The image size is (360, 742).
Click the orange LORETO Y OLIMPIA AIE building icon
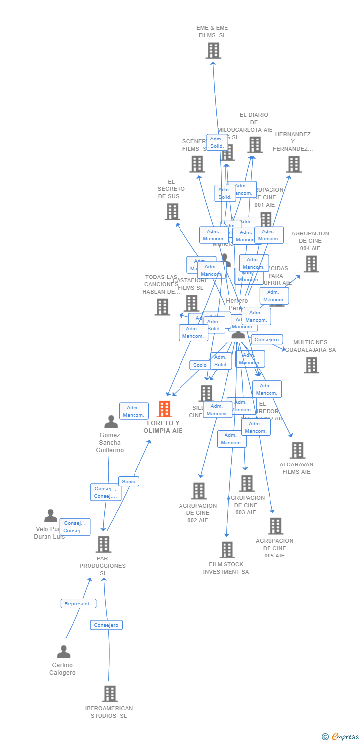click(164, 409)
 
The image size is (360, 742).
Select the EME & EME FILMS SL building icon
click(213, 50)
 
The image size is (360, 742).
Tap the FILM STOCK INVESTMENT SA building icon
click(227, 550)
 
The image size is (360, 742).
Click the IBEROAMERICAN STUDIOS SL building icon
click(110, 694)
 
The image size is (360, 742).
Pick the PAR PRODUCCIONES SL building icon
click(103, 544)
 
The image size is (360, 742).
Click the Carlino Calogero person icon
click(63, 651)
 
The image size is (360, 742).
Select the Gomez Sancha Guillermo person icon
click(111, 422)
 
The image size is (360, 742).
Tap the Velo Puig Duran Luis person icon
click(50, 516)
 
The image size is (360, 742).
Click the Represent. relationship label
click(79, 603)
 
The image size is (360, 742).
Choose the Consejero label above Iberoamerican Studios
click(106, 625)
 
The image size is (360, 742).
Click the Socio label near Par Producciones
click(129, 481)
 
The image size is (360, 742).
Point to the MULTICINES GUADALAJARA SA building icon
click(311, 365)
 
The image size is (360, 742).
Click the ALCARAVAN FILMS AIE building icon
click(297, 450)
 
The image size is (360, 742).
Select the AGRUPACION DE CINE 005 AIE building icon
click(275, 526)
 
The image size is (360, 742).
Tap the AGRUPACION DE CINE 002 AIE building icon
click(199, 491)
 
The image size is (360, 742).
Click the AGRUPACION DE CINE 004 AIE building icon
click(311, 264)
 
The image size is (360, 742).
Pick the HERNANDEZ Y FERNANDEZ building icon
click(294, 164)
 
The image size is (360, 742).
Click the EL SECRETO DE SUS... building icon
click(172, 212)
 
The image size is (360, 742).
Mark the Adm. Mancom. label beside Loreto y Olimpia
click(134, 411)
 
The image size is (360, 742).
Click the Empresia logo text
click(345, 737)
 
